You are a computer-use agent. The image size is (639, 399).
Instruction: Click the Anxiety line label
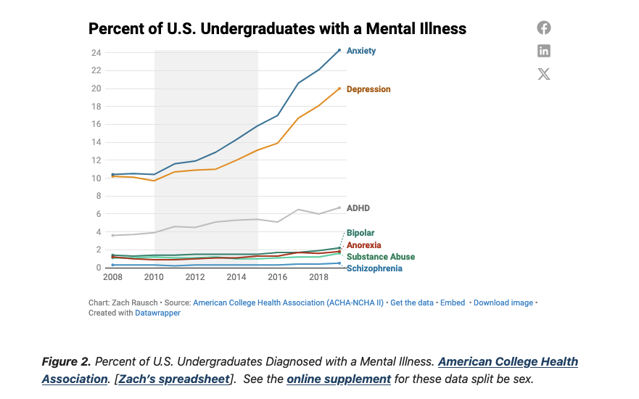(360, 51)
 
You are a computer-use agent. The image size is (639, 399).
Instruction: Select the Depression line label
(368, 89)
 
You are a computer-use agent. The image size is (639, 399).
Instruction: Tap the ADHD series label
(358, 208)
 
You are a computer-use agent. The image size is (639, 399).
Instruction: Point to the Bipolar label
(360, 234)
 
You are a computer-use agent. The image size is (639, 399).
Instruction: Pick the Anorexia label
(363, 245)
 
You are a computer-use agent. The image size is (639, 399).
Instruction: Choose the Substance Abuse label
(380, 257)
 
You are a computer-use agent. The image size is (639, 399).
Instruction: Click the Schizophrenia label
(374, 268)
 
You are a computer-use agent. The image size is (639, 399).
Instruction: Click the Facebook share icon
(544, 28)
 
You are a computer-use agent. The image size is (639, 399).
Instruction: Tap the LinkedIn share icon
(544, 51)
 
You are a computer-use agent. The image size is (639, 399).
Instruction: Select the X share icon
(544, 73)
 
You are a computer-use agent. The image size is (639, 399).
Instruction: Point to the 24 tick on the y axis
(96, 53)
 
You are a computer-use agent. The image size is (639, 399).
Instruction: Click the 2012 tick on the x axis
(195, 277)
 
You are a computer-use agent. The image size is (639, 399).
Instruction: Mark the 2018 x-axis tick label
(319, 277)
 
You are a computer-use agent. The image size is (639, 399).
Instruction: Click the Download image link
(503, 303)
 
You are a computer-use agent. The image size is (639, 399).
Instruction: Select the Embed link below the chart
(453, 303)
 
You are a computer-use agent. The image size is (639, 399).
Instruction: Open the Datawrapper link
(157, 313)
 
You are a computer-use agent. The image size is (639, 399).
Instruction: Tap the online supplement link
(338, 379)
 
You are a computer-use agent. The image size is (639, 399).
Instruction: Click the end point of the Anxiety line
(339, 50)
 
